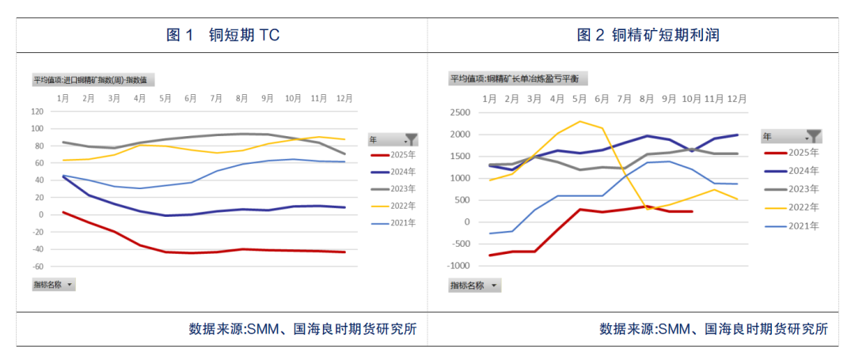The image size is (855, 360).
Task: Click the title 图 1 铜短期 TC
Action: [222, 35]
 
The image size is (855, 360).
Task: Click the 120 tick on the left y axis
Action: [36, 112]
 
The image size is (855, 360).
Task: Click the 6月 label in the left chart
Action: [191, 98]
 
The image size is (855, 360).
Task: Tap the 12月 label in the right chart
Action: [737, 98]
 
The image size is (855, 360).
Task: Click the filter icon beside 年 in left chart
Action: [410, 138]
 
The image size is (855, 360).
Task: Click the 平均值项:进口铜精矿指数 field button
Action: [93, 80]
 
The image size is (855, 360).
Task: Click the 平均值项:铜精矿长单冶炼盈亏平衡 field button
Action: [519, 78]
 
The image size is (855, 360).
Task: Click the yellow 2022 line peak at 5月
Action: [580, 121]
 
